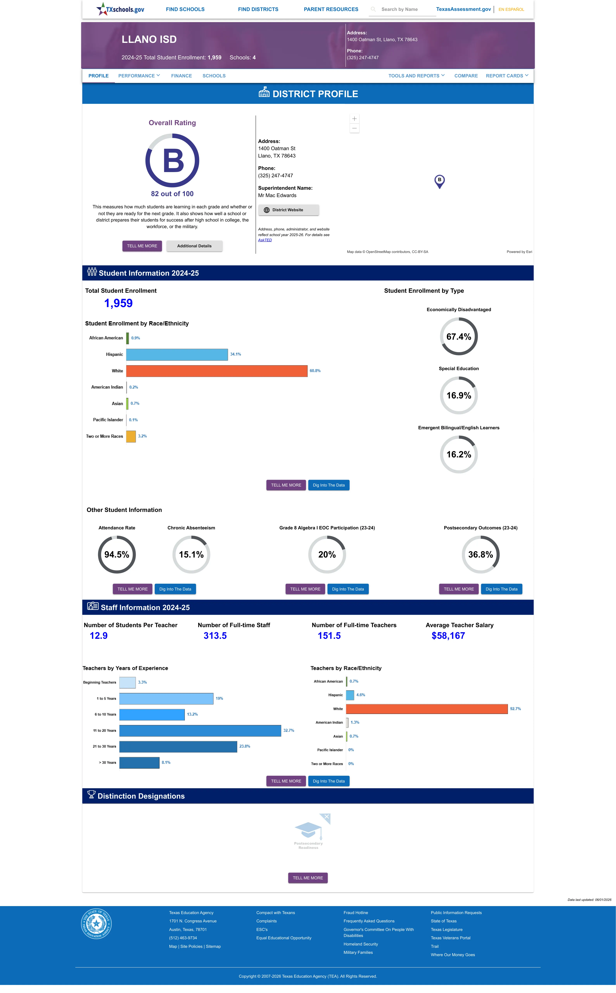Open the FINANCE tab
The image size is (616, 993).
[x=181, y=76]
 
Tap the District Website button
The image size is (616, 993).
[x=289, y=210]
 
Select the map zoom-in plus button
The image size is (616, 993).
[x=354, y=119]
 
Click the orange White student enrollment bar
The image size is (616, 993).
[x=217, y=371]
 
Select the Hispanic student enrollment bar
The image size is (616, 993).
[x=177, y=354]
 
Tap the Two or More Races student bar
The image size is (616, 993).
[x=131, y=436]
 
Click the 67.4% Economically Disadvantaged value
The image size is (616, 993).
[x=459, y=337]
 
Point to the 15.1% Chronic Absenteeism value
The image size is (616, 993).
[x=191, y=555]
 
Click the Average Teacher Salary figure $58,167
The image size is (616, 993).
[x=448, y=636]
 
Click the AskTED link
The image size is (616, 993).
[x=265, y=240]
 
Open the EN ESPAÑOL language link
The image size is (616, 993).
[x=511, y=9]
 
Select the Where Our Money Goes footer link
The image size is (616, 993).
[x=453, y=955]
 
